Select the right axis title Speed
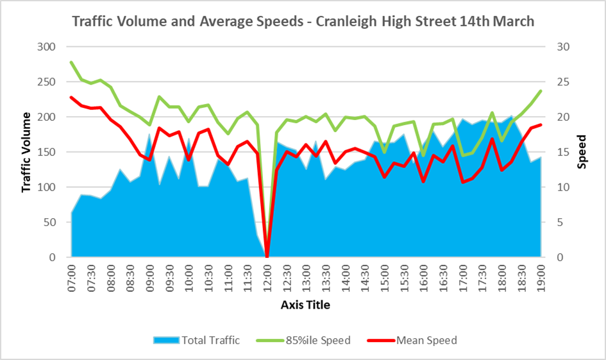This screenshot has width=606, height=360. pos(582,152)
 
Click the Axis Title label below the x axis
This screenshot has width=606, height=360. pos(305,305)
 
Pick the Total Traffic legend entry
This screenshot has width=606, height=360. pos(196,340)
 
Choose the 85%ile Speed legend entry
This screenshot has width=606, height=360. pos(309,340)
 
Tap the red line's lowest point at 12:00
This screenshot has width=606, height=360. pos(267,257)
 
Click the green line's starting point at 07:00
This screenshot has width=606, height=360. pos(71,62)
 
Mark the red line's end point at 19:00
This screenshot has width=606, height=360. pos(541,124)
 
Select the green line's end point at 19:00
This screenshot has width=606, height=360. pos(541,91)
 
